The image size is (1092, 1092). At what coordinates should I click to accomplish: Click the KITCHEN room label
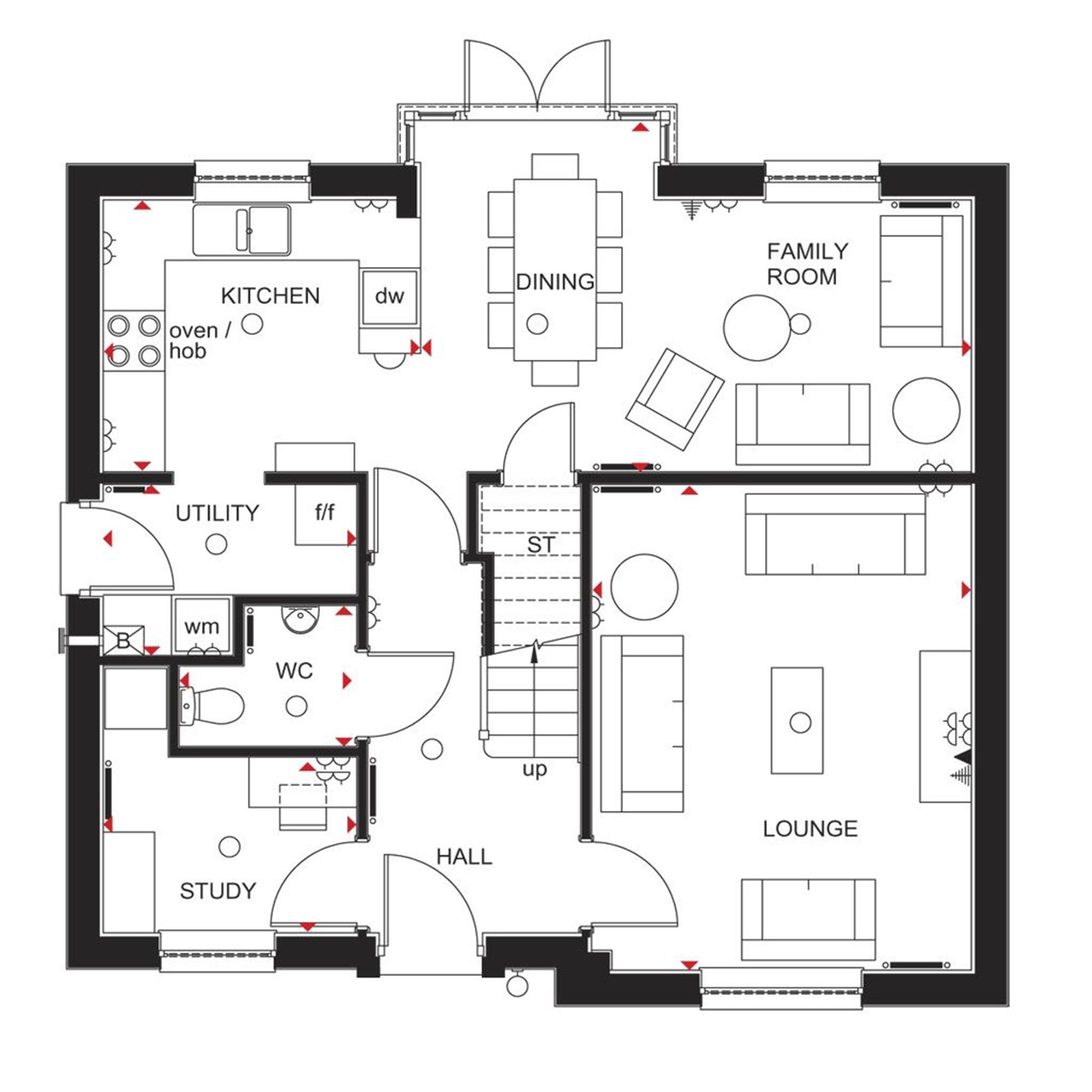[270, 295]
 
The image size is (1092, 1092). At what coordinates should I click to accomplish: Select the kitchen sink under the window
[242, 229]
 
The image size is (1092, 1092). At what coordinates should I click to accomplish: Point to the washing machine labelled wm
[202, 626]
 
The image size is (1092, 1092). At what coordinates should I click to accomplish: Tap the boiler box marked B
[123, 640]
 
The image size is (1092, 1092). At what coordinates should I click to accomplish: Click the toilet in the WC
[211, 705]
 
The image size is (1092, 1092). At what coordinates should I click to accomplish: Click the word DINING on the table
[555, 282]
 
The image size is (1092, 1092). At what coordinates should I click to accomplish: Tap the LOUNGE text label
[810, 829]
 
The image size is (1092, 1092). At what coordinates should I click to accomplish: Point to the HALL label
[464, 857]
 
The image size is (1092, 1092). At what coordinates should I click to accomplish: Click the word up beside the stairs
[534, 769]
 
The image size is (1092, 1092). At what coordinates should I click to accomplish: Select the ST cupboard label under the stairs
[541, 545]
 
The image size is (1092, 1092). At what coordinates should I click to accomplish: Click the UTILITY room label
[217, 513]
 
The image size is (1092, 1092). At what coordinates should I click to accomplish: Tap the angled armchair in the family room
[674, 399]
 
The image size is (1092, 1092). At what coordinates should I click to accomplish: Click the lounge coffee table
[797, 720]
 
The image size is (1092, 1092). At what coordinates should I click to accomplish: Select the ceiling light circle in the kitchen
[252, 324]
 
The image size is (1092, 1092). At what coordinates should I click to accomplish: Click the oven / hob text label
[199, 340]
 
